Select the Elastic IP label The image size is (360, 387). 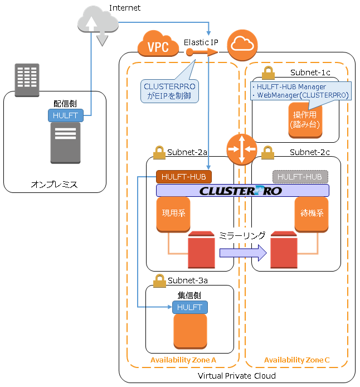(x=201, y=42)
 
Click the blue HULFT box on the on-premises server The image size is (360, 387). (x=66, y=115)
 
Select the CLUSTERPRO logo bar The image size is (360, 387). (x=242, y=191)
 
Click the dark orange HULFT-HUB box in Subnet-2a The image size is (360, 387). (x=184, y=177)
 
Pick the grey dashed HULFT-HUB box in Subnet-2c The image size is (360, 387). (x=300, y=177)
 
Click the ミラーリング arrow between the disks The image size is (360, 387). (x=243, y=253)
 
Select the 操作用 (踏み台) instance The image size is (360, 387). (x=306, y=119)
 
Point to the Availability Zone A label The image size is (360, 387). (x=183, y=360)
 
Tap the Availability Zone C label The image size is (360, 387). (x=297, y=360)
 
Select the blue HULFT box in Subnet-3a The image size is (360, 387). (x=189, y=307)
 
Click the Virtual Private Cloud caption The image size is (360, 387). (x=237, y=376)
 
